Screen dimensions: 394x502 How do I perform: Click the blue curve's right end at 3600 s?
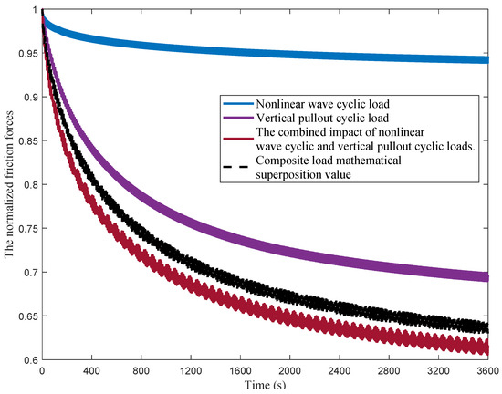tap(487, 60)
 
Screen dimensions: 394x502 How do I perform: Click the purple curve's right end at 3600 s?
tap(487, 276)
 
